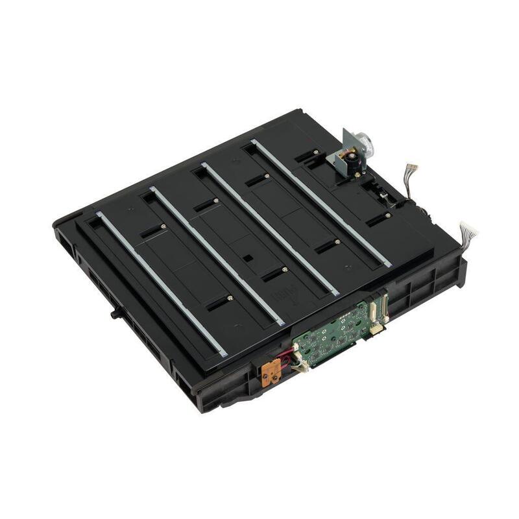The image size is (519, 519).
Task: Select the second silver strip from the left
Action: pyautogui.click(x=217, y=256)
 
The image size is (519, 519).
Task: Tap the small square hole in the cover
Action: pyautogui.click(x=247, y=258)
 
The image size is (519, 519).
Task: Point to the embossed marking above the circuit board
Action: pyautogui.click(x=284, y=295)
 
